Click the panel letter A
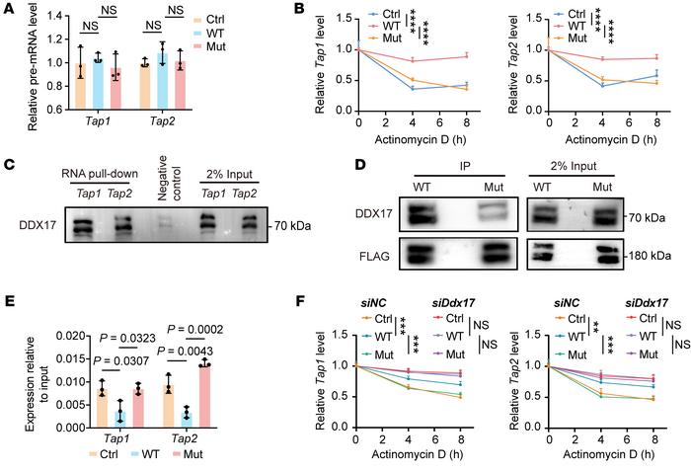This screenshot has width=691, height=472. (x=7, y=9)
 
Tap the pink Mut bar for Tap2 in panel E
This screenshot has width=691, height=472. (x=204, y=396)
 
